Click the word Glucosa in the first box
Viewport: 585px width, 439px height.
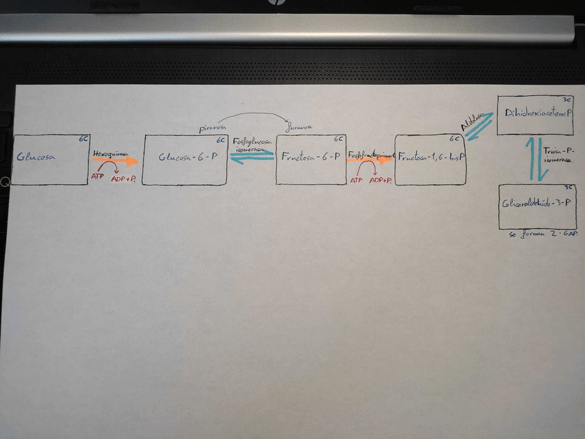point(36,157)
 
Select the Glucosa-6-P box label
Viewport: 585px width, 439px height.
point(188,157)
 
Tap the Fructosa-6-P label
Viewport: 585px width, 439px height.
point(310,157)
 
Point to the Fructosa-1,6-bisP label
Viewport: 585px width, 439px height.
point(430,157)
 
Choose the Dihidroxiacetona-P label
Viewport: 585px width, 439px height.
point(538,113)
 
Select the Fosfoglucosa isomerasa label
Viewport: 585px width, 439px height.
point(252,145)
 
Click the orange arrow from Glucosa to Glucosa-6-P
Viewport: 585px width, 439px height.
point(115,161)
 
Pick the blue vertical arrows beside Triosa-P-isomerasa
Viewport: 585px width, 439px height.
point(536,159)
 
